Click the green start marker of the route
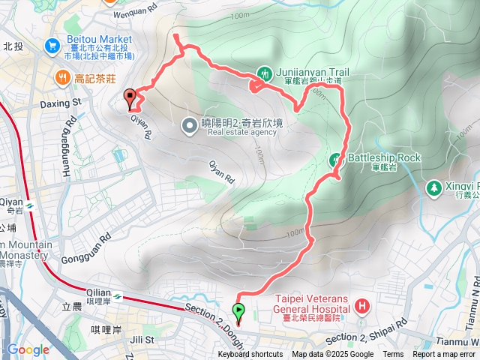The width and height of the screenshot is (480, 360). [239, 310]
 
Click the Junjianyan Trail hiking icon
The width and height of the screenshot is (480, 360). [265, 73]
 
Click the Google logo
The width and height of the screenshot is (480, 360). [28, 349]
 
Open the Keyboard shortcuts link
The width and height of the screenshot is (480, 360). [250, 355]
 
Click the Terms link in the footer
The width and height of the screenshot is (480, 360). [393, 355]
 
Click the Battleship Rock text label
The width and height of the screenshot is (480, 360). [384, 158]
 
